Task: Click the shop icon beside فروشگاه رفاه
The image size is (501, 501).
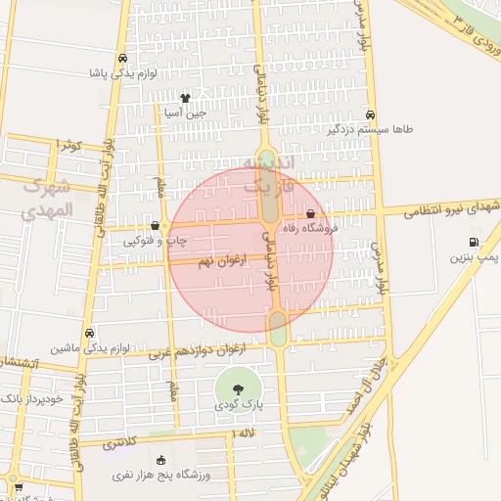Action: point(311,213)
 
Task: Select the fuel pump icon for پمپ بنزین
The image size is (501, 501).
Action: point(474,243)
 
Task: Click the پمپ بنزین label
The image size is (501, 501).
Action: point(475,257)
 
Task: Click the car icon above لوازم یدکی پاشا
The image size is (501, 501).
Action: point(121,59)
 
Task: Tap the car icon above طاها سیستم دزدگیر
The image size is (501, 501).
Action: point(370,114)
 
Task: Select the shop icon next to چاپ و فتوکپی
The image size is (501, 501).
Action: point(156,225)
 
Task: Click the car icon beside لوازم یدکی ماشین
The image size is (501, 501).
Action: point(90,333)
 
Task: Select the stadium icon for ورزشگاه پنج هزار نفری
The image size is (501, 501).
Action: point(161,460)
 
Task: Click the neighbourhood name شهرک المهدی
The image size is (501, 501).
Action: point(46,197)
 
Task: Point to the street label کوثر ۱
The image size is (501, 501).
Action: point(68,145)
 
